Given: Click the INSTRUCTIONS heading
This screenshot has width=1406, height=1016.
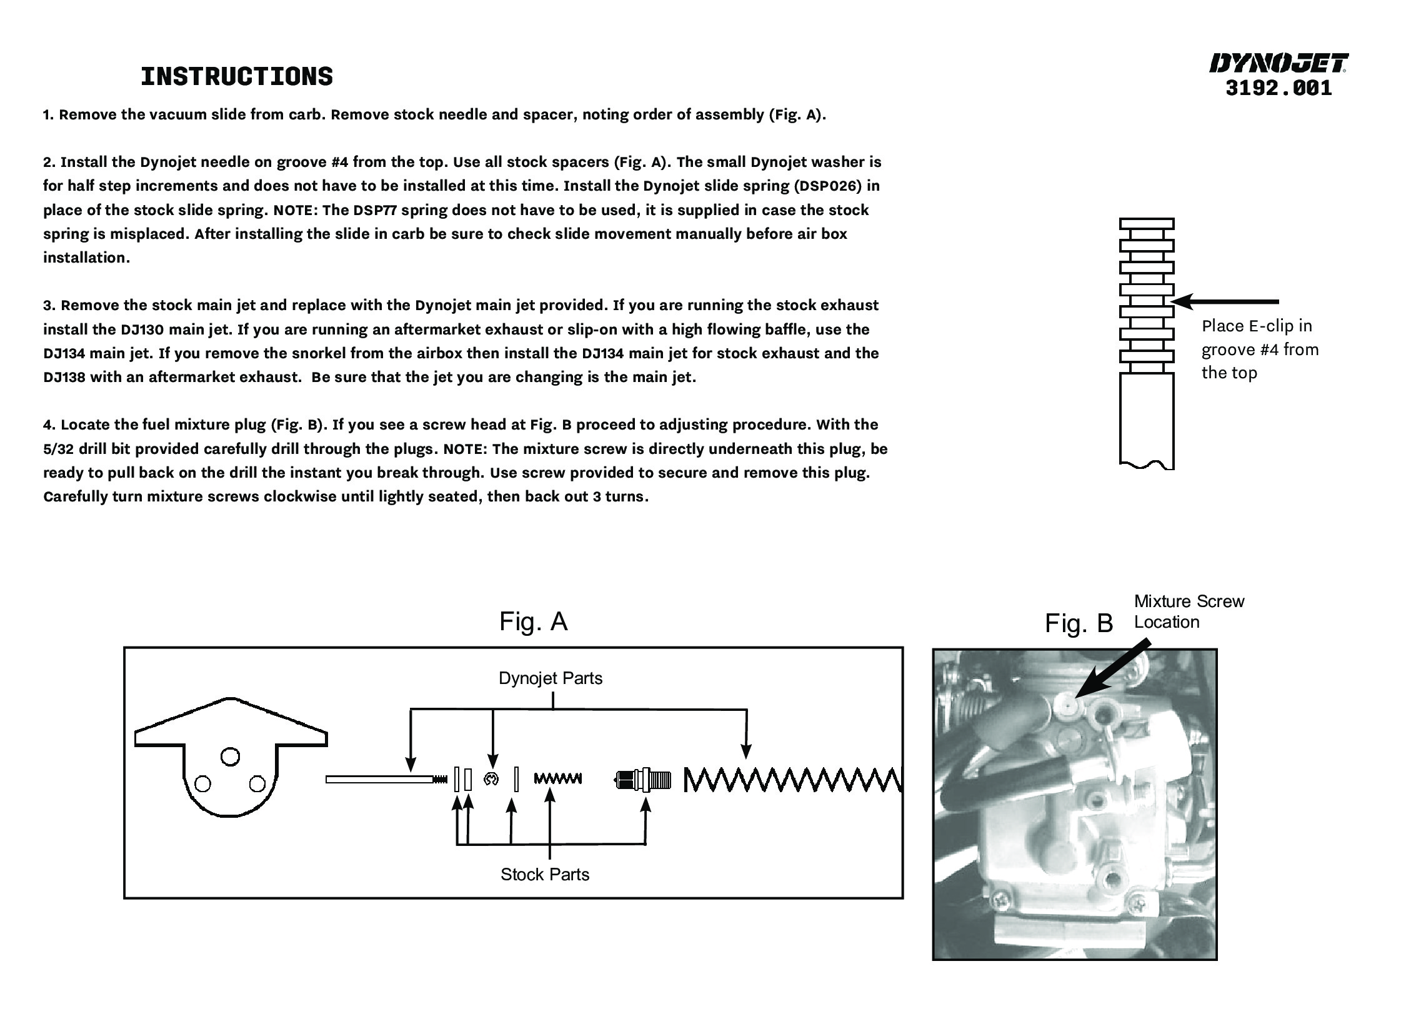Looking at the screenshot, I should (237, 77).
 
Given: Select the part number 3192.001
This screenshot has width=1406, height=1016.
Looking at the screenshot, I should (1279, 88).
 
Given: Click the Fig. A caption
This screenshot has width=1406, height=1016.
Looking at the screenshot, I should (533, 621).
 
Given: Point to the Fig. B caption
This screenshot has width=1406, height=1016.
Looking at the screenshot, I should (1079, 623).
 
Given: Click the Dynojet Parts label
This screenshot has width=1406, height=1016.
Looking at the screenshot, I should (550, 678).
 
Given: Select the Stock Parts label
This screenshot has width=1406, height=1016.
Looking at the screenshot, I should (544, 874).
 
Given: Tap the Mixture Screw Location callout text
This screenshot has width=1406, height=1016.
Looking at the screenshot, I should (1189, 611).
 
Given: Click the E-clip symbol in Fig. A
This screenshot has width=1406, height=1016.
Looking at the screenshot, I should (491, 779).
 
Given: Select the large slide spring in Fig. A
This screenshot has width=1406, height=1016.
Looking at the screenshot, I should (792, 779).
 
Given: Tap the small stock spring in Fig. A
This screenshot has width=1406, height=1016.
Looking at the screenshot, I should (557, 779).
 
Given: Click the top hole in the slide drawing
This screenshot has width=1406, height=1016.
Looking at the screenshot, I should (230, 757).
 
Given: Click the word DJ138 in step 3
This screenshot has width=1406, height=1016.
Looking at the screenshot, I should (64, 378).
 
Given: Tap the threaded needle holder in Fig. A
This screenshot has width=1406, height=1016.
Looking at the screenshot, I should (643, 780).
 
